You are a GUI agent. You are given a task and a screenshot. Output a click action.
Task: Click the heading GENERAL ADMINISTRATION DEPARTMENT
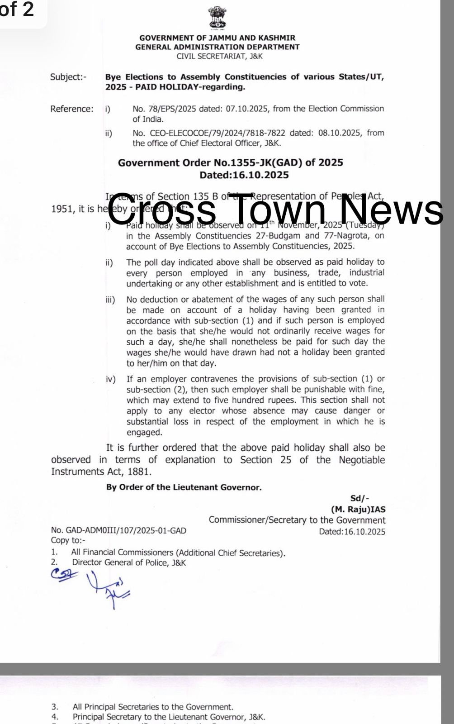[x=217, y=47]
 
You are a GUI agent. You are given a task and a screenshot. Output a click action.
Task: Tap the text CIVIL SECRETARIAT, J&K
[x=219, y=56]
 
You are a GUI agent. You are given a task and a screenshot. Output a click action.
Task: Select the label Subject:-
[x=68, y=77]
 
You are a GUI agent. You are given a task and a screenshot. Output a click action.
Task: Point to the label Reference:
[x=72, y=109]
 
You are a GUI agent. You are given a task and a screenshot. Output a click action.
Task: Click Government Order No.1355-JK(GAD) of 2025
[x=231, y=162]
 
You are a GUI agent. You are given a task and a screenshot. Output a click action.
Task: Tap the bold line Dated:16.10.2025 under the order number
[x=244, y=175]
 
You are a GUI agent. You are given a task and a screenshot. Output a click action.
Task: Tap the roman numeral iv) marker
[x=111, y=379]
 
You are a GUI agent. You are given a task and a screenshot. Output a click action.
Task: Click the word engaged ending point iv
[x=144, y=432]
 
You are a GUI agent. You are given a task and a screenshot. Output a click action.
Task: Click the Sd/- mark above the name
[x=359, y=498]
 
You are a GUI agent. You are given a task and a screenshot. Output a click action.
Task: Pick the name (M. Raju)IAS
[x=358, y=509]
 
